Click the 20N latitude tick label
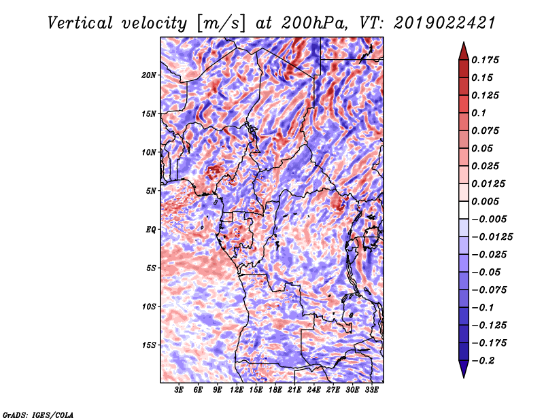[149, 75]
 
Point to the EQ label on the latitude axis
[150, 229]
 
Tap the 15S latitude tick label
[149, 345]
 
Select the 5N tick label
[151, 190]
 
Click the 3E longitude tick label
[180, 390]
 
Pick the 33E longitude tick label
[371, 390]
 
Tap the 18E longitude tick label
[275, 390]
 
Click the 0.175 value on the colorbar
[487, 60]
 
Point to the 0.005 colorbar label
[487, 201]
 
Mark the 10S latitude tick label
[149, 307]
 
